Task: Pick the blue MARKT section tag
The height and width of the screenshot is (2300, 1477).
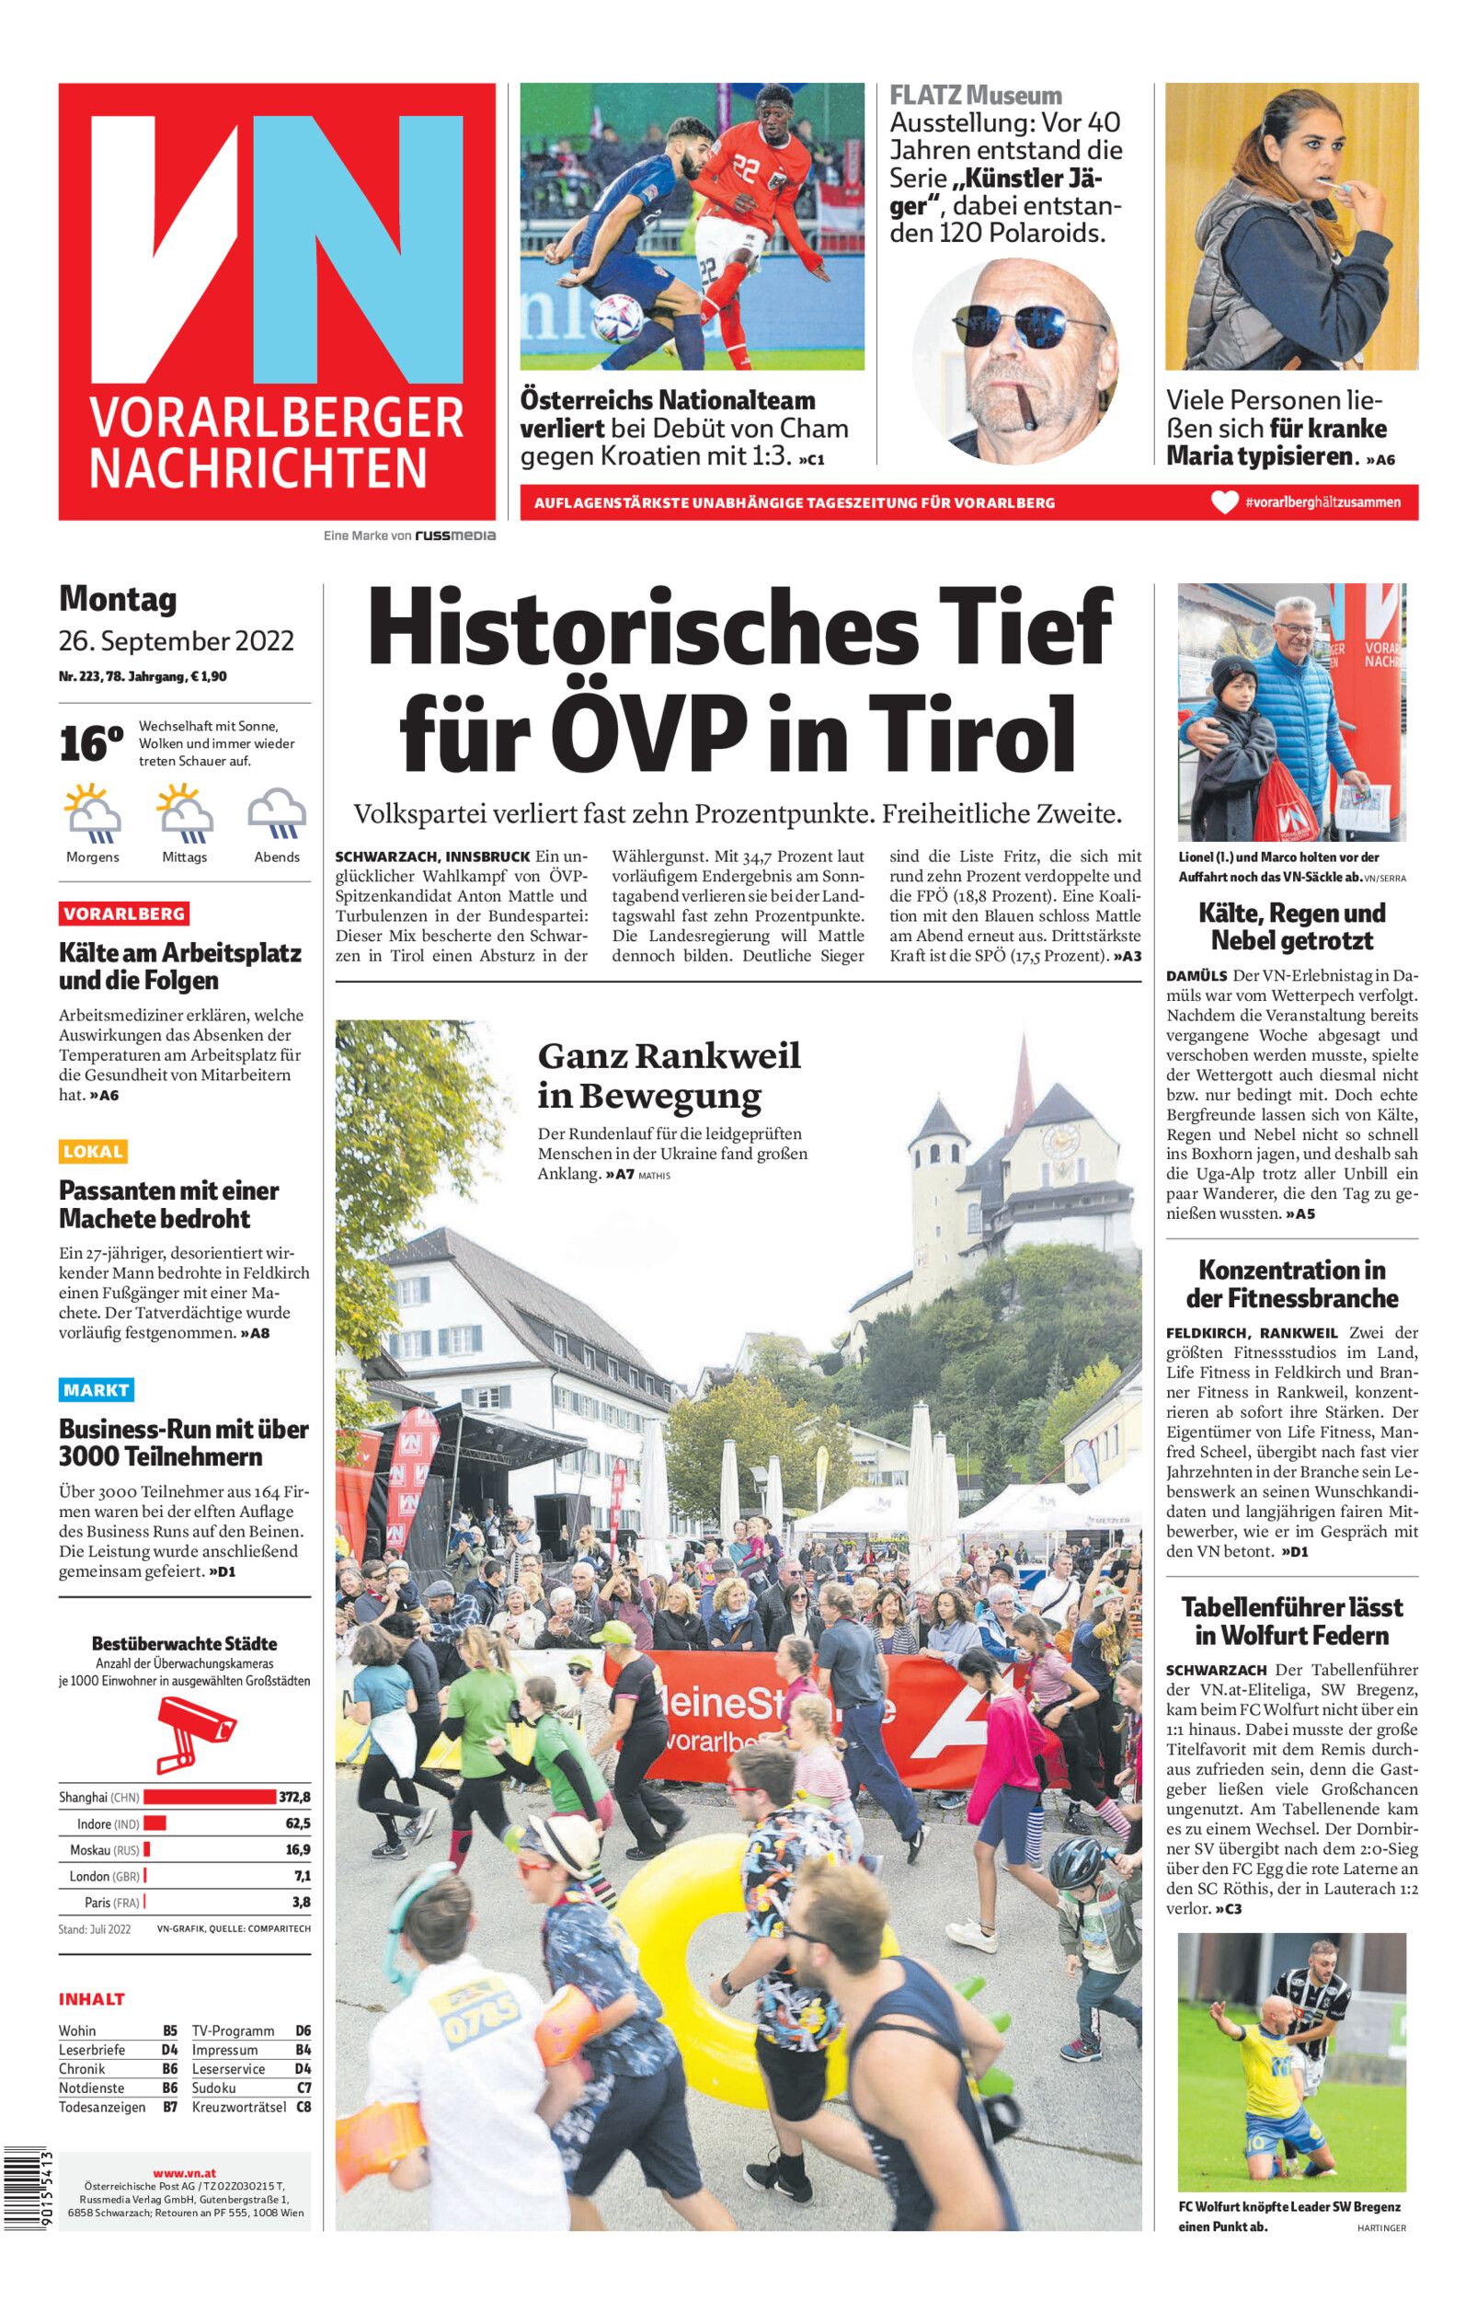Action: pyautogui.click(x=96, y=1390)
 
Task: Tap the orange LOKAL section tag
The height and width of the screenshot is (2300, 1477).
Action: pyautogui.click(x=93, y=1152)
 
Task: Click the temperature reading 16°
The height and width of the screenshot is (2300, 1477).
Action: pyautogui.click(x=91, y=744)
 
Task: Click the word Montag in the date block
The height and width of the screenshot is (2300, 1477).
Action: pyautogui.click(x=118, y=600)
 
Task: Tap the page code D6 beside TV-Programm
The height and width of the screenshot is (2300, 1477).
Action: pyautogui.click(x=303, y=2030)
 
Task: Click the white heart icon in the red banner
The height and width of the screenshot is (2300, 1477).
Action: pyautogui.click(x=1225, y=502)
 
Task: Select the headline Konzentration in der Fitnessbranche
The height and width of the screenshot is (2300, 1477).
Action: pyautogui.click(x=1292, y=1283)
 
